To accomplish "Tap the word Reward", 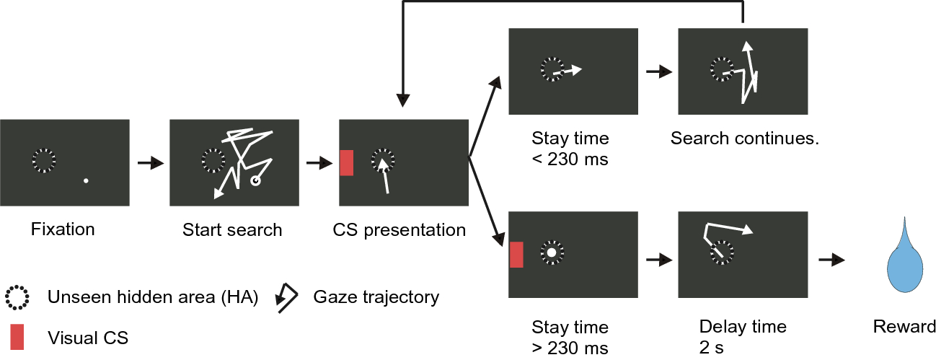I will pyautogui.click(x=904, y=326).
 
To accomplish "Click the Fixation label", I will pyautogui.click(x=63, y=229).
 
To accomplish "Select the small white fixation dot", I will pyautogui.click(x=86, y=180).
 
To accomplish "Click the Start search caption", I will pyautogui.click(x=232, y=230).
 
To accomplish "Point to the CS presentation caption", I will pyautogui.click(x=399, y=230).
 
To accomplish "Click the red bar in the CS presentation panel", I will pyautogui.click(x=346, y=162).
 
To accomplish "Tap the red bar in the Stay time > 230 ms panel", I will pyautogui.click(x=516, y=255).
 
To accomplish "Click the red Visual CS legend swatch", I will pyautogui.click(x=17, y=336).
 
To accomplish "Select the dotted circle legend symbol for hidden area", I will pyautogui.click(x=17, y=297).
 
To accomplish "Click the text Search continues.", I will pyautogui.click(x=744, y=138).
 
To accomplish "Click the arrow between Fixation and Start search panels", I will pyautogui.click(x=151, y=164).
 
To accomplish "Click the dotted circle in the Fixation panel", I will pyautogui.click(x=43, y=160).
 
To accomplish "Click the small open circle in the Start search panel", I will pyautogui.click(x=255, y=182).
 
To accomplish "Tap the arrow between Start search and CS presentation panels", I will pyautogui.click(x=319, y=164).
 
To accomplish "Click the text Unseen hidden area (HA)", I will pyautogui.click(x=153, y=297).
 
